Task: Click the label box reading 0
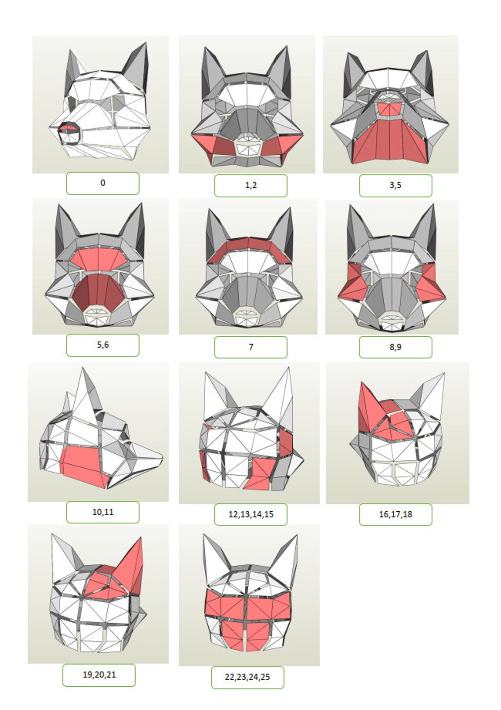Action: pos(102,183)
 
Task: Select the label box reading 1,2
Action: pos(250,186)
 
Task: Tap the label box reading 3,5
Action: pos(395,186)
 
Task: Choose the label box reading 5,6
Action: pos(102,345)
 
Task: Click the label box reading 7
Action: pos(250,347)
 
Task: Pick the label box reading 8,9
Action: pos(395,347)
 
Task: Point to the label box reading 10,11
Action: pos(102,512)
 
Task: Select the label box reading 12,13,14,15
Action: pos(250,514)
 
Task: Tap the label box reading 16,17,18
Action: pos(395,514)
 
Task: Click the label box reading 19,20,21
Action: pos(99,675)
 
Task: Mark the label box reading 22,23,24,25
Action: pos(247,677)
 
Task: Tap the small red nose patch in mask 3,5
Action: pos(390,109)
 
